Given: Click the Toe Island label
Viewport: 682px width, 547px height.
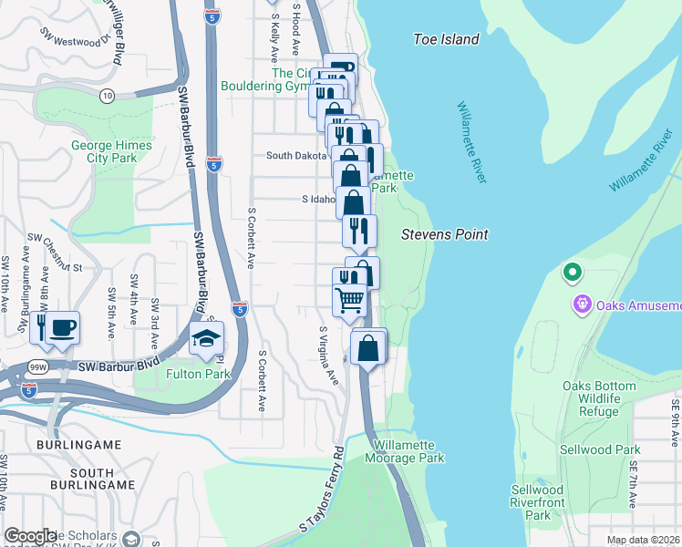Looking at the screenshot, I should [446, 39].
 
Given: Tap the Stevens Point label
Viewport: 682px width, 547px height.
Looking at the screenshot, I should [445, 234].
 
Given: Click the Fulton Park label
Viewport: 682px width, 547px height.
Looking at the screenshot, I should [199, 374].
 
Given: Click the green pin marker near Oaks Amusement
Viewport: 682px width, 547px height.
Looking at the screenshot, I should [573, 272].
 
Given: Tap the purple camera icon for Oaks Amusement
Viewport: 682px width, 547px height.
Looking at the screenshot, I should [577, 304].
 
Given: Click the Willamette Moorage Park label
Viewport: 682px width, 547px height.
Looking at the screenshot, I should [408, 451].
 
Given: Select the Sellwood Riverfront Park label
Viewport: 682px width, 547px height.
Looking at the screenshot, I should [537, 502].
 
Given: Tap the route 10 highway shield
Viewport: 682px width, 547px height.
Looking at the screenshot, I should [108, 95].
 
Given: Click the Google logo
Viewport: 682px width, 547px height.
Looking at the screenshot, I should [30, 536].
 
